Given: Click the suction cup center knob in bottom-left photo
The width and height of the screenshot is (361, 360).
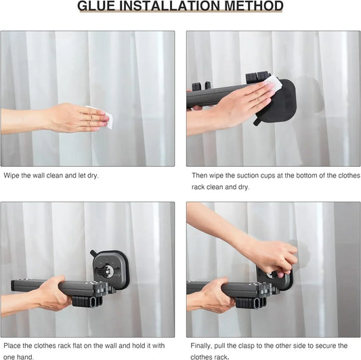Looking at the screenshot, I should point(108,271).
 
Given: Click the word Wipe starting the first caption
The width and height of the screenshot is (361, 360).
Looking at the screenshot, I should point(12,176).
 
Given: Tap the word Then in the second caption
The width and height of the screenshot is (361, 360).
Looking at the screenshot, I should point(200,176).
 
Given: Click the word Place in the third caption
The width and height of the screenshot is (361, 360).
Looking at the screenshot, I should point(13,346).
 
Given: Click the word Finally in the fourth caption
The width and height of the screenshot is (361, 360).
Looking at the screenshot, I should point(205,346).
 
